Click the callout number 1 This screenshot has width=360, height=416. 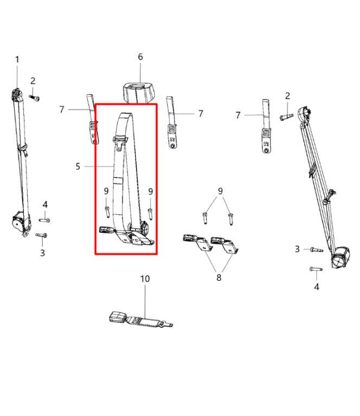[x=17, y=59]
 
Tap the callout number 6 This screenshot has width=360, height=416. [x=140, y=57]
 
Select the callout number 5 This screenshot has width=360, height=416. [x=78, y=166]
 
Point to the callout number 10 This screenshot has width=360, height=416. [x=145, y=279]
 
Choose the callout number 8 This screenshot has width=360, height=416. [x=218, y=277]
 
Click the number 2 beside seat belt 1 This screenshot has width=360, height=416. [x=33, y=81]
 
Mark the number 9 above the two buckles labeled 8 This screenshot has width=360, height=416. [x=220, y=191]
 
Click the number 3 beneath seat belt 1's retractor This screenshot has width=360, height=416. [x=42, y=252]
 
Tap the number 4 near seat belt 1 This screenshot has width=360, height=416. [x=46, y=204]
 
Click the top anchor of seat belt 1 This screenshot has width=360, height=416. [x=16, y=95]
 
